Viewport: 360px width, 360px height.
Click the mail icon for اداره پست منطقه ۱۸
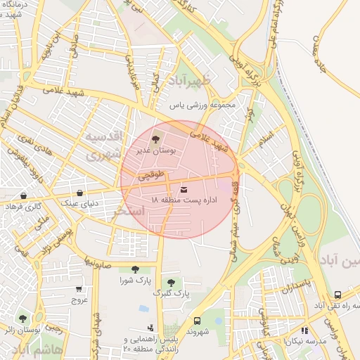184,189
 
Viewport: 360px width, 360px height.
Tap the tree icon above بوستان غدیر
155,139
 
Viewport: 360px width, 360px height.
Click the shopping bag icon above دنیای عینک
79,193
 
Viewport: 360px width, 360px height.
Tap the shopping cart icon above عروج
79,288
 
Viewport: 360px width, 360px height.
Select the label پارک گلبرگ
171,292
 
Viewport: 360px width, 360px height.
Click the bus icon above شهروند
197,320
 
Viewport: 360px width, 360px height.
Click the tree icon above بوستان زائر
23,319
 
